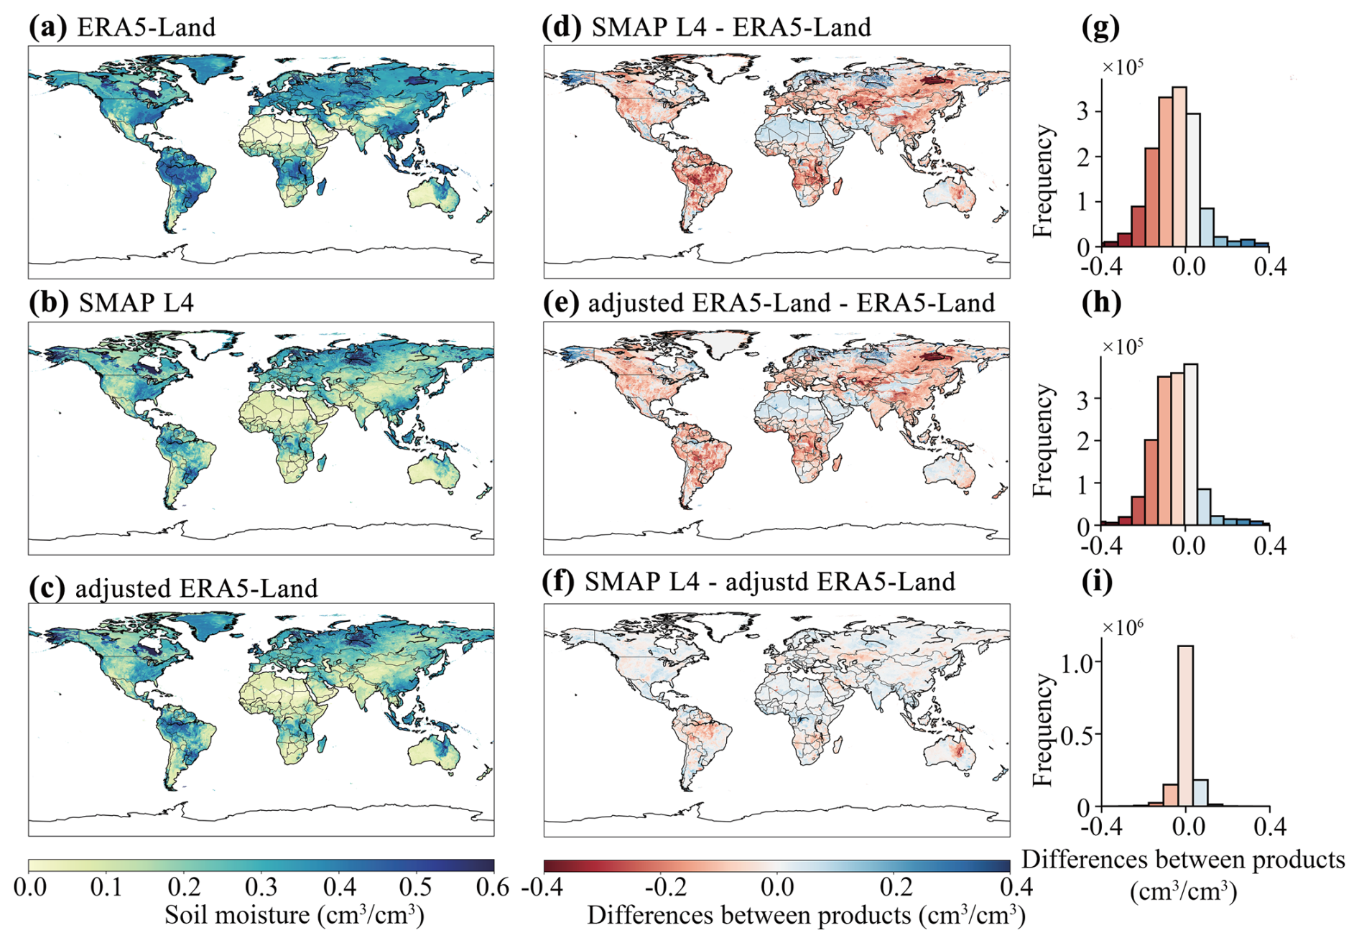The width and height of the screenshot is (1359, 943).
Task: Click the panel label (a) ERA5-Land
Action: pyautogui.click(x=122, y=27)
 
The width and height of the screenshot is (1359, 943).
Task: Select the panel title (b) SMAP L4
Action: pyautogui.click(x=111, y=302)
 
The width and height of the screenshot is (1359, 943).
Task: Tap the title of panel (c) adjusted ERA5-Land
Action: pyautogui.click(x=173, y=588)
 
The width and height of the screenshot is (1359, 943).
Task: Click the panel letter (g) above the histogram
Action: pyautogui.click(x=1100, y=27)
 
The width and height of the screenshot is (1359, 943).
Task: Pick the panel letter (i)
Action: pyautogui.click(x=1097, y=581)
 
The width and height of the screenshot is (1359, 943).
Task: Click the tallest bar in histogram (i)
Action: pyautogui.click(x=1185, y=725)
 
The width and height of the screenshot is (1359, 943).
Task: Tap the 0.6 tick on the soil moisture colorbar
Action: pyautogui.click(x=493, y=888)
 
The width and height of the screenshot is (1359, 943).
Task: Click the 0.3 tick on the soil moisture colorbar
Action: pyautogui.click(x=261, y=888)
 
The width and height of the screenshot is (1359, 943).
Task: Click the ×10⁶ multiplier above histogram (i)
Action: pyautogui.click(x=1122, y=627)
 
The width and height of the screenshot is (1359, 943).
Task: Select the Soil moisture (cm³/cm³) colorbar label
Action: pyautogui.click(x=294, y=915)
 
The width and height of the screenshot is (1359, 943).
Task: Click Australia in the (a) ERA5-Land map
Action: pyautogui.click(x=433, y=192)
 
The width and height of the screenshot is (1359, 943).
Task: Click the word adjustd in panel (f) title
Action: pyautogui.click(x=767, y=581)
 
